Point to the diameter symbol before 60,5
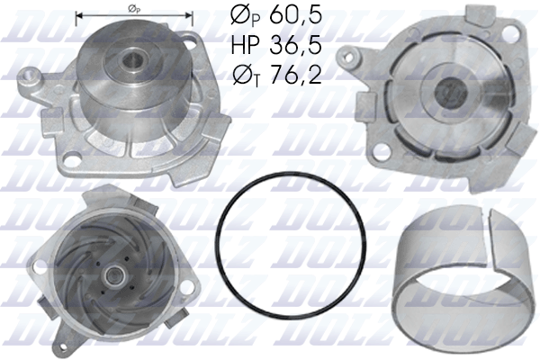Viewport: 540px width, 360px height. click(236, 16)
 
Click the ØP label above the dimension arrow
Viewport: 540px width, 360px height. click(134, 7)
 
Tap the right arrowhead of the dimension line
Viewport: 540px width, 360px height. click(190, 15)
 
